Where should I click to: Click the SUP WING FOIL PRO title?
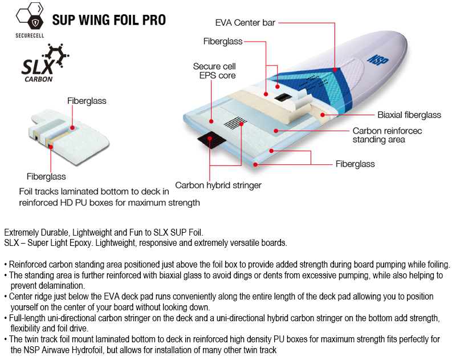coord(109,21)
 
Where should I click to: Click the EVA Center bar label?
coord(245,23)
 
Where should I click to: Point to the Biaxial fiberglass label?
coord(409,115)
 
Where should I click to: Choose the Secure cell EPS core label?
coord(214,71)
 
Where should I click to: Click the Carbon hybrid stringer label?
coord(218,185)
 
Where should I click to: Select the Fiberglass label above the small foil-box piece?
coord(87,101)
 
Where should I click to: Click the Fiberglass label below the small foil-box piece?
coord(46,176)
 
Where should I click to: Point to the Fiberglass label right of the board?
coord(355,164)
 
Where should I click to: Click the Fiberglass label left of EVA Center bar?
coord(223,41)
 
